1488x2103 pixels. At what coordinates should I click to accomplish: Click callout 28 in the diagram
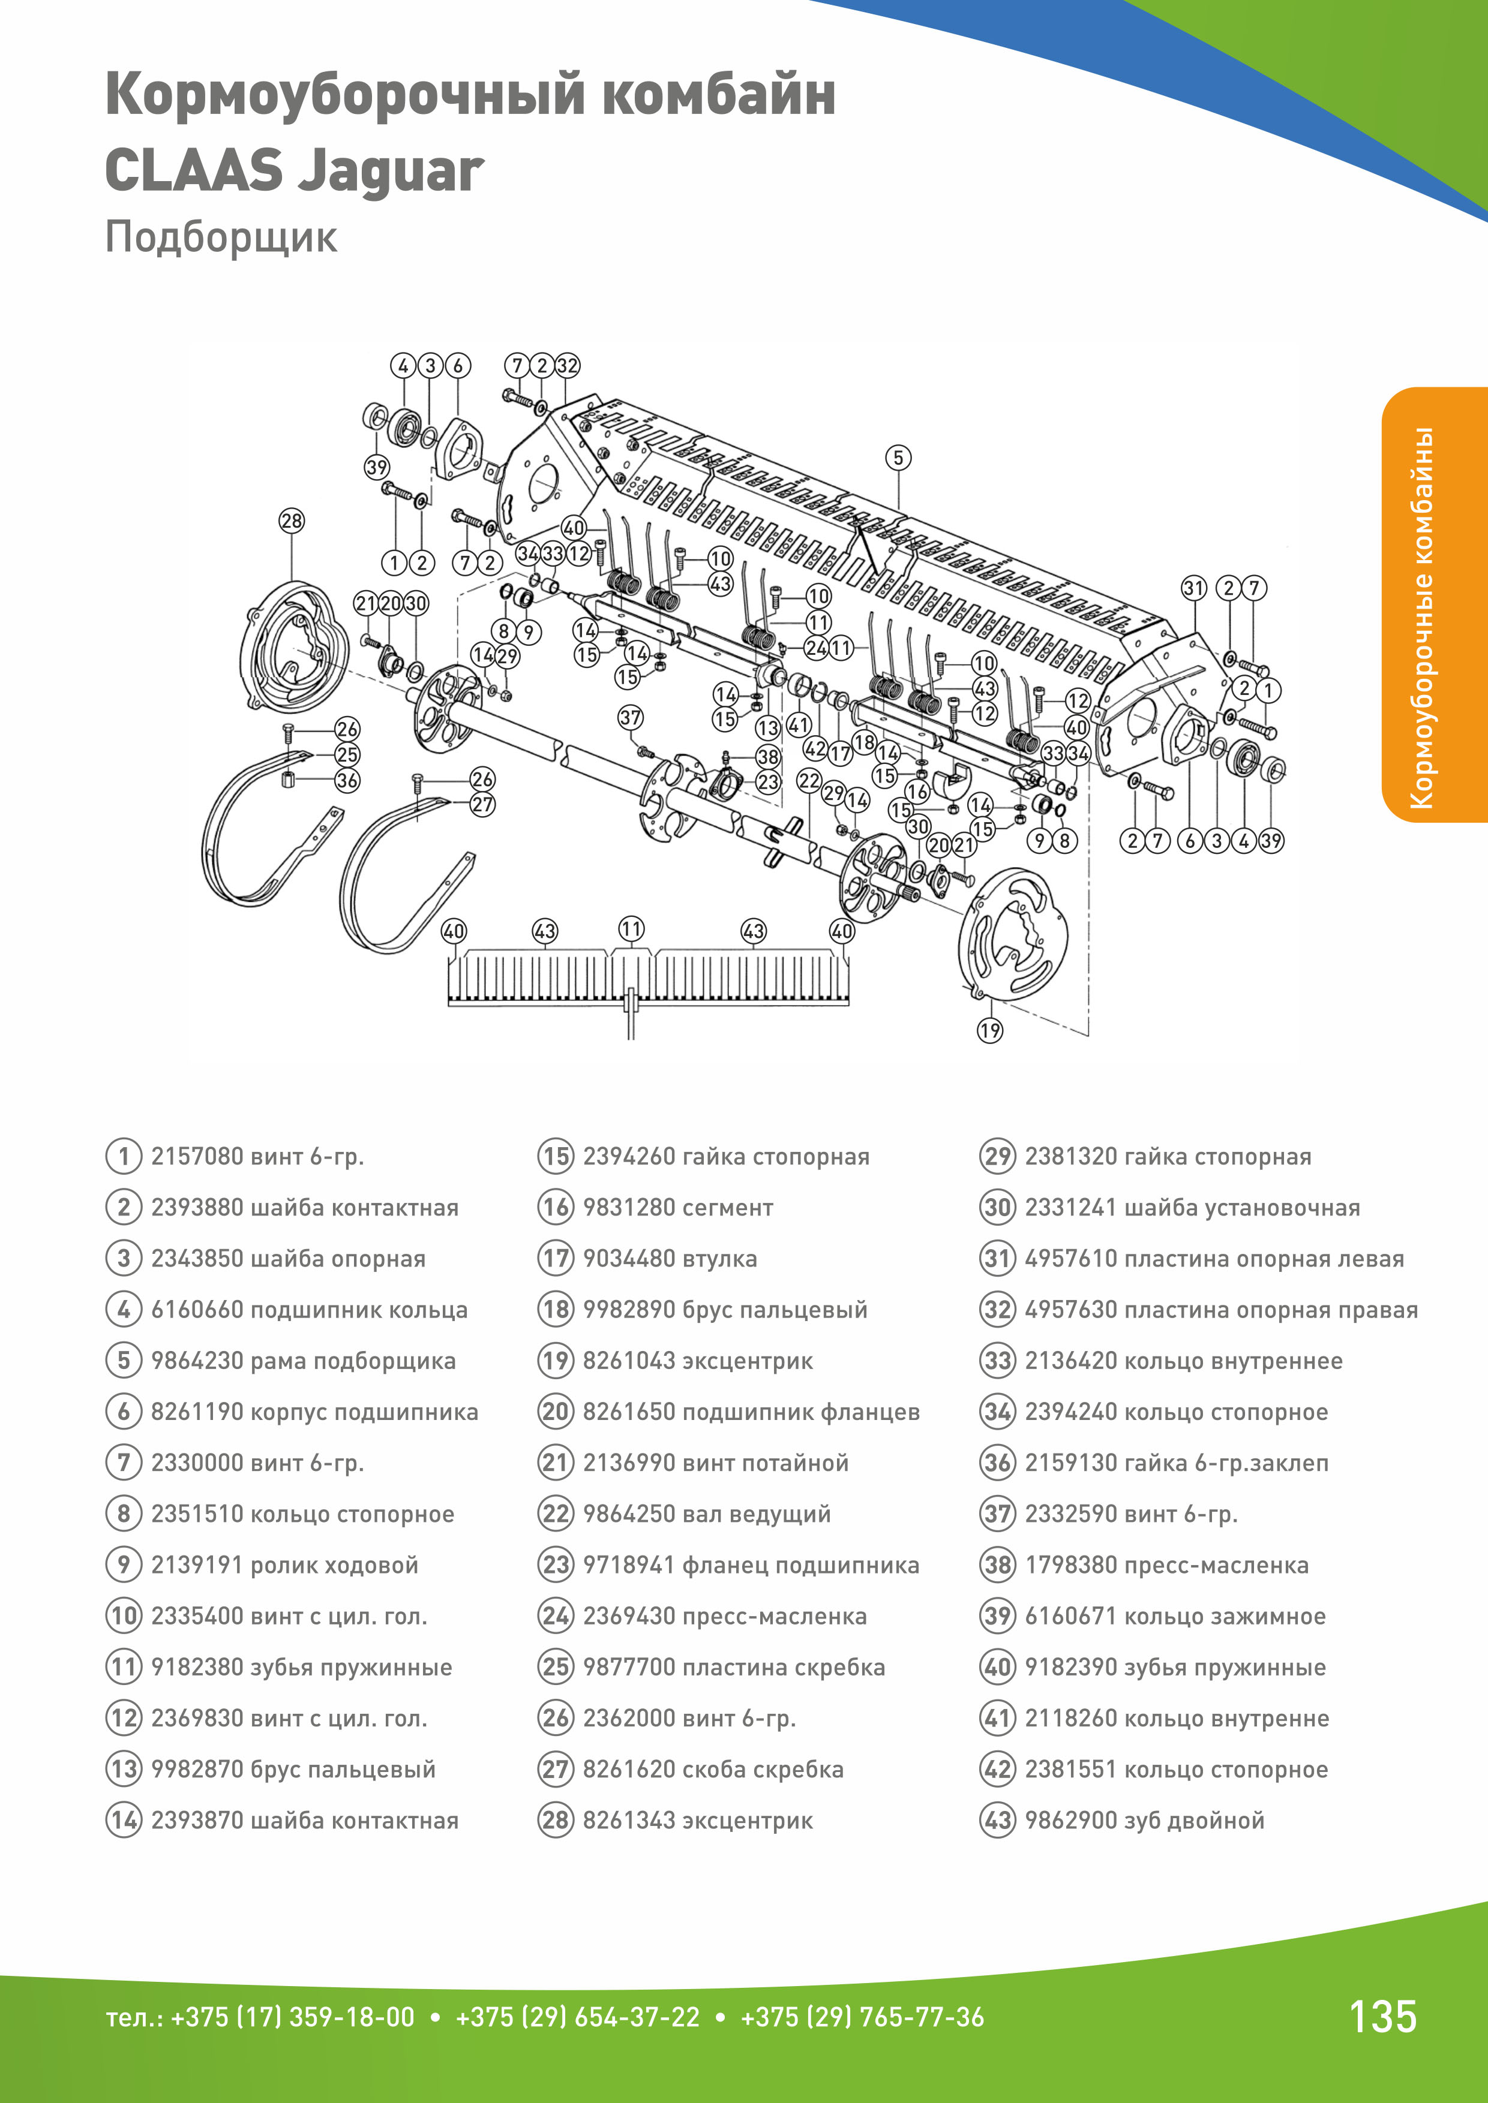tap(292, 521)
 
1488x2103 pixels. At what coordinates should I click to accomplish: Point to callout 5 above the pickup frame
tap(898, 457)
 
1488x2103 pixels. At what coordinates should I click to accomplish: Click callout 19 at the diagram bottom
tap(989, 1030)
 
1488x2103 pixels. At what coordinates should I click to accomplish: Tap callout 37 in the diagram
tap(631, 717)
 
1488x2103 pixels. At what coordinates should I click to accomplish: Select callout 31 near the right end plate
tap(1193, 588)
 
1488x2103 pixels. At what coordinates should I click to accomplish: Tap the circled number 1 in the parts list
tap(124, 1156)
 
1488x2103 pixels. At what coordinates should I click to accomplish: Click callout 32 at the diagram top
tap(567, 365)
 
